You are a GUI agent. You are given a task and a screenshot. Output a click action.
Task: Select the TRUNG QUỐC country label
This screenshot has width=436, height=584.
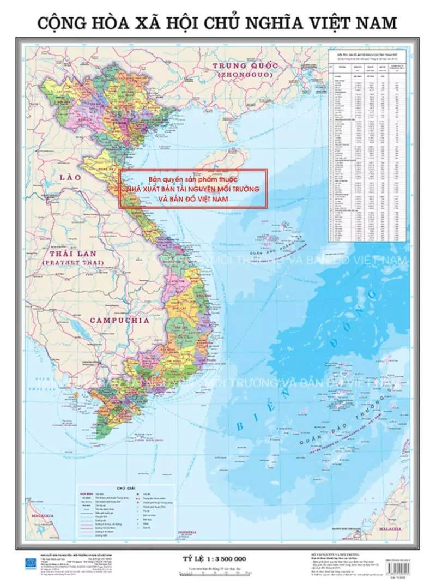(x=245, y=67)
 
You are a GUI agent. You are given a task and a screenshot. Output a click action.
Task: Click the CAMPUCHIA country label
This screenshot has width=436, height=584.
(x=119, y=321)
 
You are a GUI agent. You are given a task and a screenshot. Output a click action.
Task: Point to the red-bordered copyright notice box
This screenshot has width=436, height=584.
(x=194, y=189)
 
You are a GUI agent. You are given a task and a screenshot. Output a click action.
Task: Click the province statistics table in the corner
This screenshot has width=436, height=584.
(x=368, y=145)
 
